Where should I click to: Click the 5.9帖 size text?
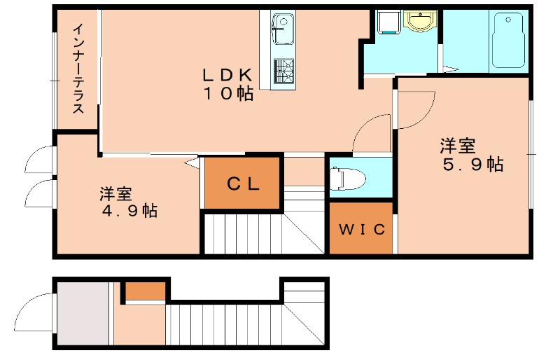(x=473, y=165)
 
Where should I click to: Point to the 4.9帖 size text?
(x=128, y=210)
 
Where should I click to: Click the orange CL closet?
(x=243, y=184)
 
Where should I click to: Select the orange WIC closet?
(x=361, y=228)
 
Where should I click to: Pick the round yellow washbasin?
(x=421, y=22)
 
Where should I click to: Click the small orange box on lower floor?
(x=145, y=290)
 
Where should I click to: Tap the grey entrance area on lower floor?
(x=83, y=314)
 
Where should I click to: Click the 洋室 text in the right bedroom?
(x=458, y=146)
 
